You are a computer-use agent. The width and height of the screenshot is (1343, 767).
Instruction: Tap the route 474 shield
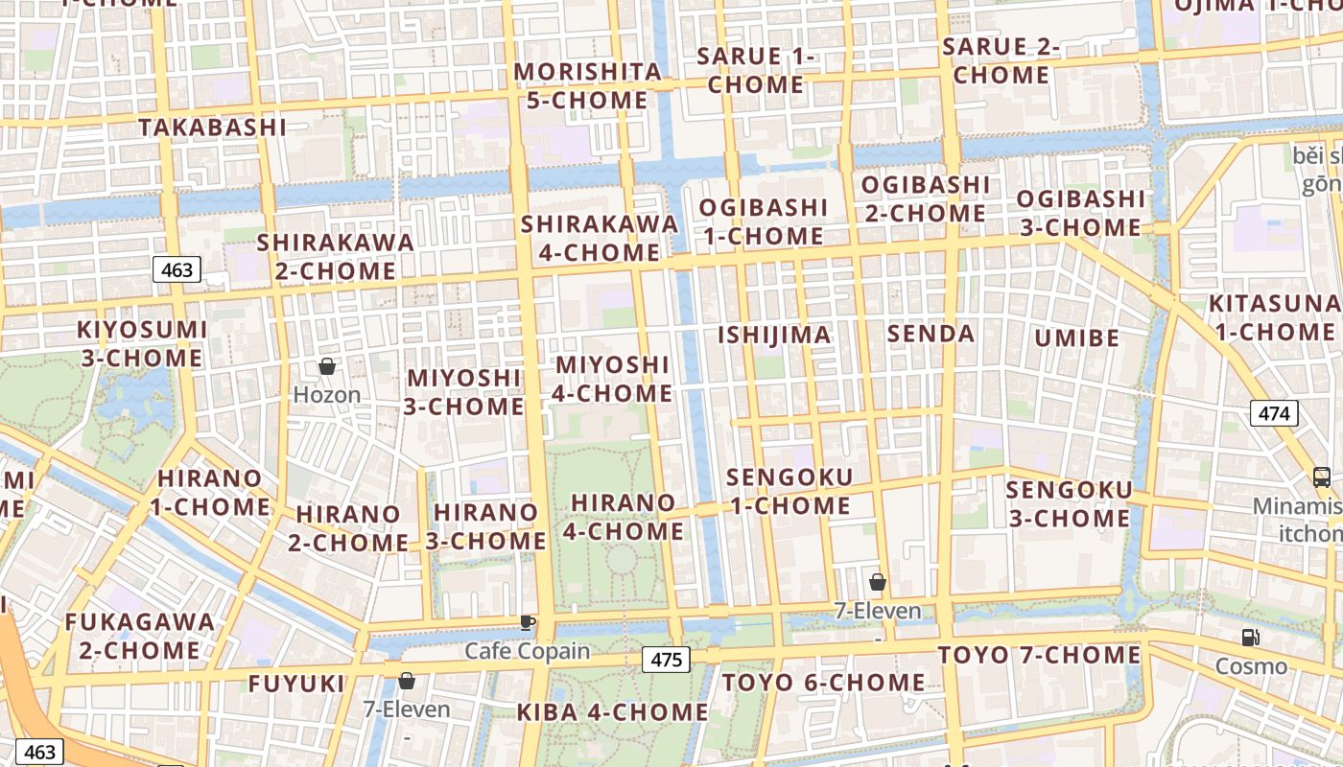tap(1274, 413)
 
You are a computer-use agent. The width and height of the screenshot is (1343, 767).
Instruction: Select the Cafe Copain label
tap(528, 651)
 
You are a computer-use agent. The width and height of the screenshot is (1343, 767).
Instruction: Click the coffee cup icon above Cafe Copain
tap(527, 622)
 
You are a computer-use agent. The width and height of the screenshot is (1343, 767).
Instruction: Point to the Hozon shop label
tap(327, 394)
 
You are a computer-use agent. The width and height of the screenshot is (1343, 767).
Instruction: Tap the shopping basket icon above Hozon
tap(327, 366)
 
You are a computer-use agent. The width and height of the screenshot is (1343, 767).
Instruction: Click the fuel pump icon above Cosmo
tap(1250, 637)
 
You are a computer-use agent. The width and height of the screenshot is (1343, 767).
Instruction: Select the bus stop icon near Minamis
tap(1321, 476)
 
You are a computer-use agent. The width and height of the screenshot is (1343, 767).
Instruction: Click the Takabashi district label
tap(212, 127)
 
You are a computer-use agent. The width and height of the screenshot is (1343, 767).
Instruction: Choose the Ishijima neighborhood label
tap(775, 335)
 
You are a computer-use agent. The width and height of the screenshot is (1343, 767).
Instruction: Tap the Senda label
tap(931, 334)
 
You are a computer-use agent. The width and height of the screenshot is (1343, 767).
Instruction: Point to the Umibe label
tap(1076, 337)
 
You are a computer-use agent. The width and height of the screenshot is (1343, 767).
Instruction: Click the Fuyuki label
tap(296, 684)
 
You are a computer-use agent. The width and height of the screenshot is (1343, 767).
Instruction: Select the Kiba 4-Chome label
tap(612, 712)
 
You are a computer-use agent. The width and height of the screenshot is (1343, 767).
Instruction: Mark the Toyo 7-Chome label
tap(1039, 655)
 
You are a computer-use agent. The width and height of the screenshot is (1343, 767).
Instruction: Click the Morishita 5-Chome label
tap(588, 85)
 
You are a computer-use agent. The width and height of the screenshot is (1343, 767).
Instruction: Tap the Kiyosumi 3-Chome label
tap(142, 343)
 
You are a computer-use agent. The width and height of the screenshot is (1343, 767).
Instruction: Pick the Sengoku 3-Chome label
tap(1069, 504)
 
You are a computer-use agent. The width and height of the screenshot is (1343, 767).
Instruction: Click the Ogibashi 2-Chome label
tap(926, 198)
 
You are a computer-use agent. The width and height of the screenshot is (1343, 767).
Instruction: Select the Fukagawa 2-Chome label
tap(140, 636)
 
